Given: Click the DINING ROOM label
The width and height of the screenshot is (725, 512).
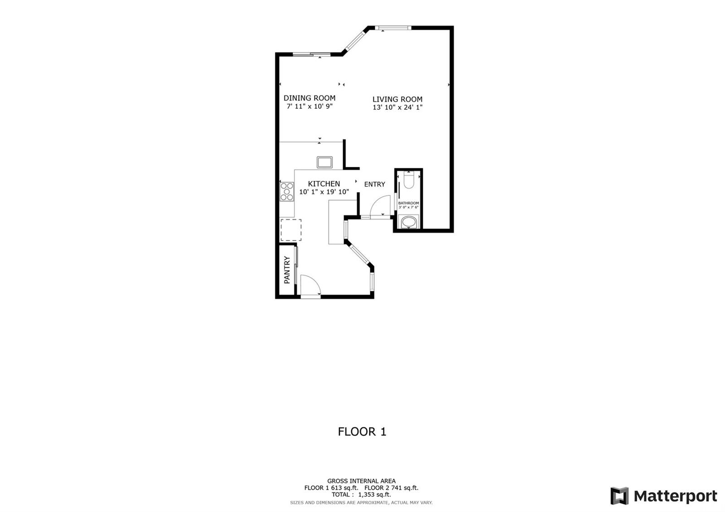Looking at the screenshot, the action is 309,98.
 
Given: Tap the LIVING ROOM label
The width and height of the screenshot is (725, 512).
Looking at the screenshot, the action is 397,99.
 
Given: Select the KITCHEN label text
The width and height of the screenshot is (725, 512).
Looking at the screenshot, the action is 324,184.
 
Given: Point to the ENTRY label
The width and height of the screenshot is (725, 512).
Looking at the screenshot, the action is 374,184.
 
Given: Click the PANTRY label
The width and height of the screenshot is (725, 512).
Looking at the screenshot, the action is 287,270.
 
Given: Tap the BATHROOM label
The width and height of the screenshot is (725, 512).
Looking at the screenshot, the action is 408,203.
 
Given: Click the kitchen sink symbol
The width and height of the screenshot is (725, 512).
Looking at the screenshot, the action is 324,162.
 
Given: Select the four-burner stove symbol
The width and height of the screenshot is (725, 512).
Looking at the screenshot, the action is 287,191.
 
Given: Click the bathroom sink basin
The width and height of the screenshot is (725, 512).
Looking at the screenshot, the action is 409,222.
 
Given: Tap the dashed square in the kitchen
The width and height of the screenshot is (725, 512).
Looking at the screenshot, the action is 291,230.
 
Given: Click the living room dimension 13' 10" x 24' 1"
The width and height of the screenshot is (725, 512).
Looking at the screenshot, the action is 397,107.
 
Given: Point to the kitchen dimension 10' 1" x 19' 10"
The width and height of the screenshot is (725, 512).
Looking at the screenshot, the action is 324,192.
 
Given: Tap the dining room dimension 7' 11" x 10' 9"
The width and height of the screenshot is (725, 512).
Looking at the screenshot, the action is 310,106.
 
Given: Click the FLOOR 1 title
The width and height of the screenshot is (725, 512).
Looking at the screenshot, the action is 362,431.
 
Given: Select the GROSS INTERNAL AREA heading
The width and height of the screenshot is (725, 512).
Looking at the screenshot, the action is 361,481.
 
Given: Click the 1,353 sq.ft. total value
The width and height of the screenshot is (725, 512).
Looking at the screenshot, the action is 374,494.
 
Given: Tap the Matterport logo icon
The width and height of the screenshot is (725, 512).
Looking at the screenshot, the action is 619,496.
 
